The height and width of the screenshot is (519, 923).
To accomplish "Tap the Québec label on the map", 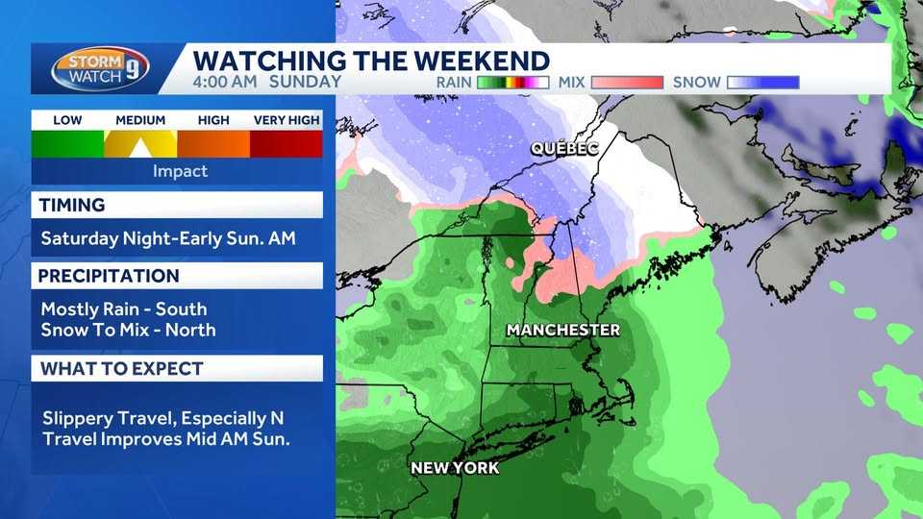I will pos(566,149).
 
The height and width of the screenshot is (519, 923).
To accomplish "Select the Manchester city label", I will pos(562,331).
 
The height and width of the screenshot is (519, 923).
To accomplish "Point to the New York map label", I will pos(455,468).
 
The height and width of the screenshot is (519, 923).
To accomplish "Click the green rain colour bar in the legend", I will pos(512,83).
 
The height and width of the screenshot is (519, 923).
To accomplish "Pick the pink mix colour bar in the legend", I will pos(627,83).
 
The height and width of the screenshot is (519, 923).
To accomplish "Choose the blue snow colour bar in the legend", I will pos(763,83).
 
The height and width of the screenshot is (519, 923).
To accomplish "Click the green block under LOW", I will pos(67,144).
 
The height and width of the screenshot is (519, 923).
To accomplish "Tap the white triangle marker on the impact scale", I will pos(140,148).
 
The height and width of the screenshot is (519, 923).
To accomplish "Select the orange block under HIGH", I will pos(213,144).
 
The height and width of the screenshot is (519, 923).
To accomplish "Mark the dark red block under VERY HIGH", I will pos(287,144).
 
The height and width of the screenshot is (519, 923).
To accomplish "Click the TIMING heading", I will pos(71,205).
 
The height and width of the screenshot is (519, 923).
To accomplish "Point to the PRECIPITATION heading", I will pos(109,276).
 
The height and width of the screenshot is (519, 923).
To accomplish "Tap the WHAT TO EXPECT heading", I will pos(120,368).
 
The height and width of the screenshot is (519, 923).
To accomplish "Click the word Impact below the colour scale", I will pos(180,171).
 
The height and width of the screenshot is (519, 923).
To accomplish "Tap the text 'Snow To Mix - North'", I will pos(128,330).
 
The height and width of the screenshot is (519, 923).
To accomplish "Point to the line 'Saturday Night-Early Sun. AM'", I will pos(168,238).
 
